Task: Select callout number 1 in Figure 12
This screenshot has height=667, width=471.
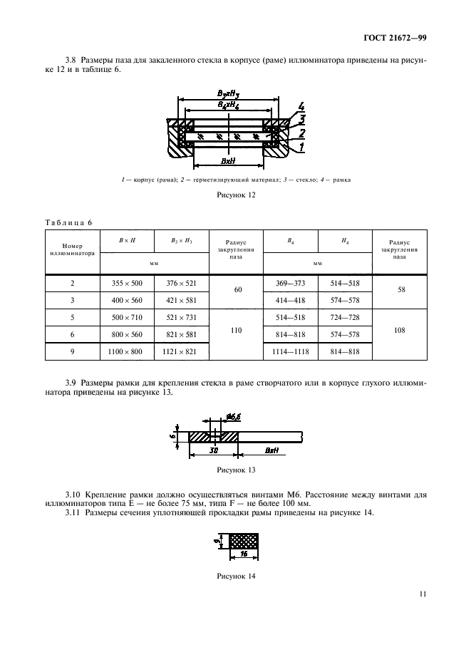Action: (302, 146)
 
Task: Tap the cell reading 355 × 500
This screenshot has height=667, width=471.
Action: (127, 283)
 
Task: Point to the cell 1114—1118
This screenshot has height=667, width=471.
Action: (290, 353)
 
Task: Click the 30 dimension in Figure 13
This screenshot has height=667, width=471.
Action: (214, 451)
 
